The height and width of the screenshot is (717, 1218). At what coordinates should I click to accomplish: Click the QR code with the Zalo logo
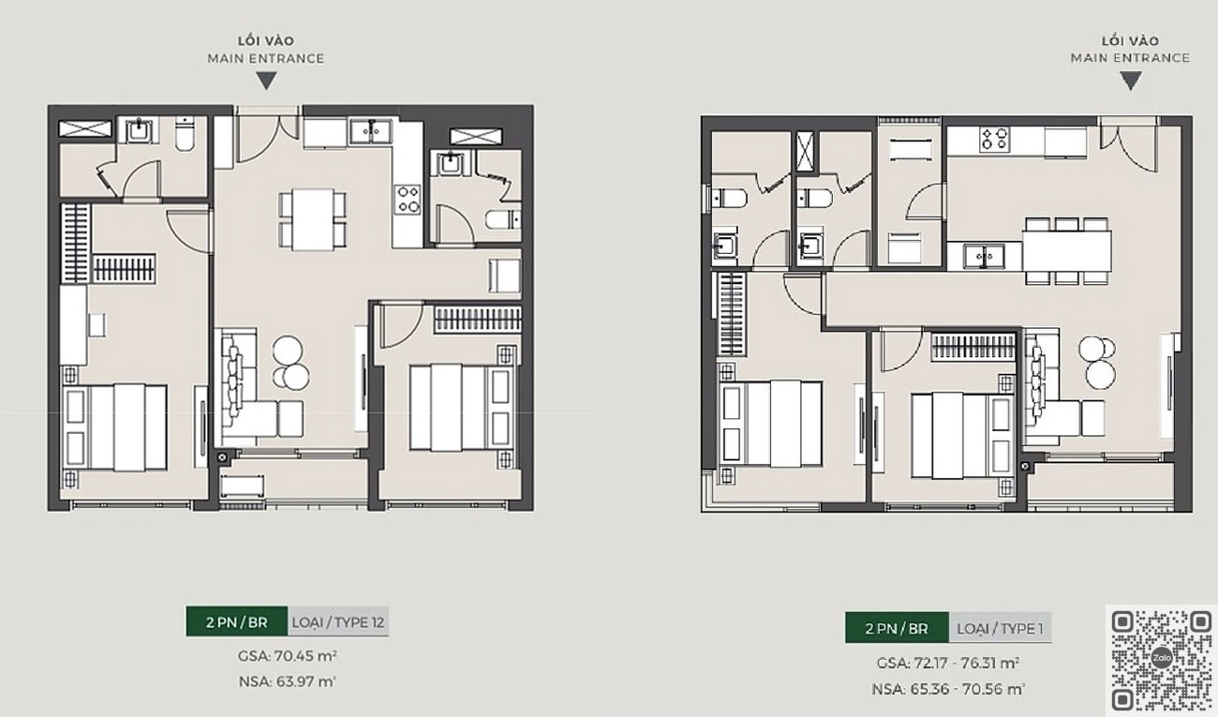pyautogui.click(x=1162, y=660)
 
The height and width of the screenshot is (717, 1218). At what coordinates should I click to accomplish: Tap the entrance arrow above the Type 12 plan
pyautogui.click(x=266, y=81)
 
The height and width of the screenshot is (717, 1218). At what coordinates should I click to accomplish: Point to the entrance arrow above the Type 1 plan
pyautogui.click(x=1131, y=81)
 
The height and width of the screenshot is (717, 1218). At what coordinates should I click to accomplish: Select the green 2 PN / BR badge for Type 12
pyautogui.click(x=236, y=621)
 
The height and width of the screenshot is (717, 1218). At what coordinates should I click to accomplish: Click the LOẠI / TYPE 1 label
pyautogui.click(x=1000, y=628)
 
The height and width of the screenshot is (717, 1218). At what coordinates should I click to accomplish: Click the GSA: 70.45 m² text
pyautogui.click(x=287, y=656)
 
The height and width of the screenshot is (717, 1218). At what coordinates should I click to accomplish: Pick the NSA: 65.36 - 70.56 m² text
pyautogui.click(x=948, y=689)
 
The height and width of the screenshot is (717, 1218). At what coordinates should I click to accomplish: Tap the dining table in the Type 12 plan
pyautogui.click(x=313, y=219)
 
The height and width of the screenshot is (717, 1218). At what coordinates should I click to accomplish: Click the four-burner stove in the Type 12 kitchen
pyautogui.click(x=408, y=200)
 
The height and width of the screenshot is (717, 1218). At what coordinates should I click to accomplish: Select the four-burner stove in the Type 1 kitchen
pyautogui.click(x=994, y=140)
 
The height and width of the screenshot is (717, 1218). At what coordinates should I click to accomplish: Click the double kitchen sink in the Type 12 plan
pyautogui.click(x=371, y=131)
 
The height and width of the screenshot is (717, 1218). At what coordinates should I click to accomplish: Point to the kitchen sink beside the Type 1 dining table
pyautogui.click(x=984, y=256)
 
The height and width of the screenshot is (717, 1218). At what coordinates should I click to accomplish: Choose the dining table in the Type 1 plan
pyautogui.click(x=1066, y=250)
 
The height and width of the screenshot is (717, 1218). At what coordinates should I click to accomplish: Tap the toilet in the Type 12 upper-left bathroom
pyautogui.click(x=185, y=134)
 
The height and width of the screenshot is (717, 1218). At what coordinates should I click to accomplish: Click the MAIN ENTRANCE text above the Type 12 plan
pyautogui.click(x=266, y=58)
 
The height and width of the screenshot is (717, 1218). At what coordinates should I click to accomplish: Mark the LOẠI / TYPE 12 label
pyautogui.click(x=338, y=621)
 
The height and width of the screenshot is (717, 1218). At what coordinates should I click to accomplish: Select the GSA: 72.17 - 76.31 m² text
pyautogui.click(x=948, y=664)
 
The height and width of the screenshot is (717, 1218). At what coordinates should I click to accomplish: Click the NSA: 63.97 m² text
pyautogui.click(x=287, y=681)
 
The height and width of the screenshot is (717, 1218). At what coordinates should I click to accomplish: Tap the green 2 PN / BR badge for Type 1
pyautogui.click(x=898, y=628)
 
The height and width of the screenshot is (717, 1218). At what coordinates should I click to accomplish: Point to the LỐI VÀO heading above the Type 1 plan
pyautogui.click(x=1131, y=41)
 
